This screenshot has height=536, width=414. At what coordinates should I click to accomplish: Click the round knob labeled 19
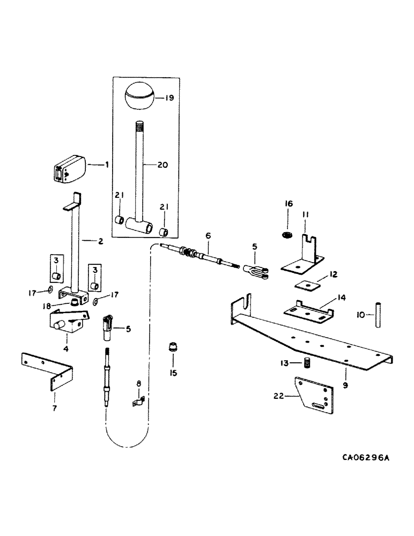pos(138,96)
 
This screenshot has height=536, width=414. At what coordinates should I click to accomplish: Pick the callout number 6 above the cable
pos(208,236)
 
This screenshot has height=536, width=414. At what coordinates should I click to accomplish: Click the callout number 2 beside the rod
pos(101,241)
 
